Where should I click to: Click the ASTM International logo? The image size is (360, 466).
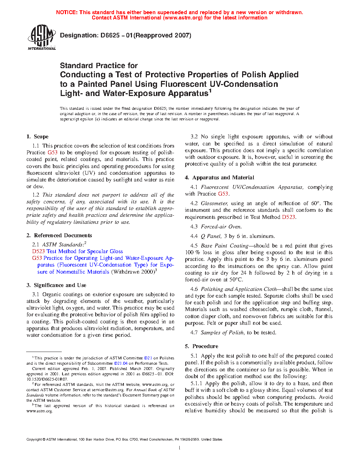click(x=41, y=37)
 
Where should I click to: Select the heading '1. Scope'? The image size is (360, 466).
click(x=37, y=137)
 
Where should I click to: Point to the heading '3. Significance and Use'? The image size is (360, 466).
click(x=56, y=285)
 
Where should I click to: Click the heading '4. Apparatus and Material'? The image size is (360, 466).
click(x=220, y=178)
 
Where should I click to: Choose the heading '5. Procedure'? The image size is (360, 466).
click(x=202, y=346)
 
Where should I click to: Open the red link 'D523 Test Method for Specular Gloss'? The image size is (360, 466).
click(x=77, y=251)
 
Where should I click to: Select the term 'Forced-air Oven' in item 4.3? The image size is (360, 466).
click(x=221, y=227)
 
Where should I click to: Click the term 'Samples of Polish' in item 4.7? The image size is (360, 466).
click(x=222, y=333)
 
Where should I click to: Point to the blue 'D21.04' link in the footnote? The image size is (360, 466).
click(x=121, y=363)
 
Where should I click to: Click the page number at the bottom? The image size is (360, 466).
click(x=180, y=448)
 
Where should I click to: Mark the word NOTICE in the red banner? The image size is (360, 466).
click(x=67, y=12)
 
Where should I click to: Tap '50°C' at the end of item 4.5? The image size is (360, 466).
click(x=235, y=280)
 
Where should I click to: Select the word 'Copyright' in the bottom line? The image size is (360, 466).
click(x=34, y=440)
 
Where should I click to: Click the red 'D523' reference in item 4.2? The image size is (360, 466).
click(x=288, y=217)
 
